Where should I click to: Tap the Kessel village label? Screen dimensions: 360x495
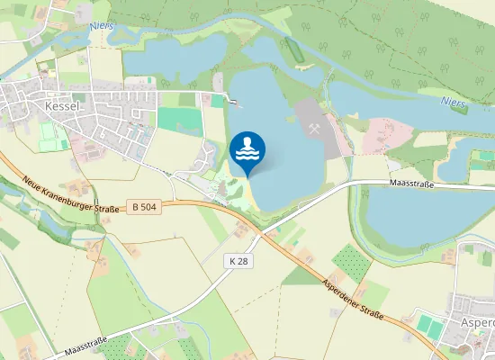tap(62, 106)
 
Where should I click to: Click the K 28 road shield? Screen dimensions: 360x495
tap(238, 261)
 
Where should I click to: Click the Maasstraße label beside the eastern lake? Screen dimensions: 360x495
tap(412, 184)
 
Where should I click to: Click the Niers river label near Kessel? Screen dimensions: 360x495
tap(101, 25)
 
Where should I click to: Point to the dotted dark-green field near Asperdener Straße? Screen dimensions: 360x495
tap(351, 262)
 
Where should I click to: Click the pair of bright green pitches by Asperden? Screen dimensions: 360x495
tap(431, 325)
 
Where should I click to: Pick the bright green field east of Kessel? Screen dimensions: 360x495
tap(180, 120)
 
